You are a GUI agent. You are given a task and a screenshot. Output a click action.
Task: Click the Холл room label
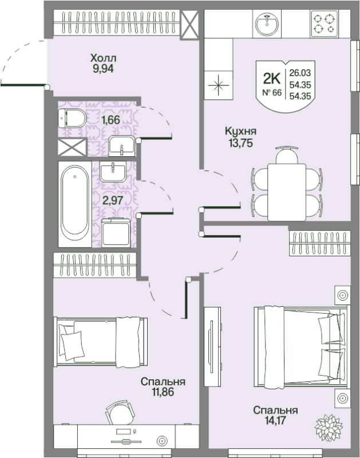pyautogui.click(x=103, y=58)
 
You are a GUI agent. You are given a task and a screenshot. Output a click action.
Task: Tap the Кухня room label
pyautogui.click(x=240, y=132)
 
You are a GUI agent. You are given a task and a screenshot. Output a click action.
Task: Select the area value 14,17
pyautogui.click(x=275, y=421)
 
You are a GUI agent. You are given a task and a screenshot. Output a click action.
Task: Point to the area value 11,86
pyautogui.click(x=163, y=392)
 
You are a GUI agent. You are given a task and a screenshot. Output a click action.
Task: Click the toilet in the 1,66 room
pyautogui.click(x=72, y=119)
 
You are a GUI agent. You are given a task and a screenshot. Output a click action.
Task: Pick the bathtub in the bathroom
pyautogui.click(x=75, y=204)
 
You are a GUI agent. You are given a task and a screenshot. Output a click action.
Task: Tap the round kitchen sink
pyautogui.click(x=267, y=24)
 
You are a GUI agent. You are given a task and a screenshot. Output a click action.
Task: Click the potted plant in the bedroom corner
pyautogui.click(x=329, y=428)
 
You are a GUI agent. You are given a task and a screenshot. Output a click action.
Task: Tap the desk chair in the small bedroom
pyautogui.click(x=120, y=412)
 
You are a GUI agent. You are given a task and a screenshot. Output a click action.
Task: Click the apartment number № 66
pyautogui.click(x=272, y=93)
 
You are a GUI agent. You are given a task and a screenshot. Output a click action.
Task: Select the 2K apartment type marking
pyautogui.click(x=272, y=78)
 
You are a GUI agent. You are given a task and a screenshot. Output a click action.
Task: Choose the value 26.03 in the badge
pyautogui.click(x=300, y=73)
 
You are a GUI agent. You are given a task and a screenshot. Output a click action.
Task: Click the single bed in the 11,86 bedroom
pyautogui.click(x=100, y=342)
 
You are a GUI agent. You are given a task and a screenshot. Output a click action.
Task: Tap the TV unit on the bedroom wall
pyautogui.click(x=212, y=346)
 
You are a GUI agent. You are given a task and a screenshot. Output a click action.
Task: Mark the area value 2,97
pyautogui.click(x=112, y=200)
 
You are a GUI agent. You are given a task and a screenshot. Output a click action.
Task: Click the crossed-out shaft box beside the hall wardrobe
pyautogui.click(x=189, y=25)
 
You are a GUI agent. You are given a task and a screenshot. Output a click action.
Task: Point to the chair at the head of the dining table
pyautogui.click(x=287, y=155)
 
